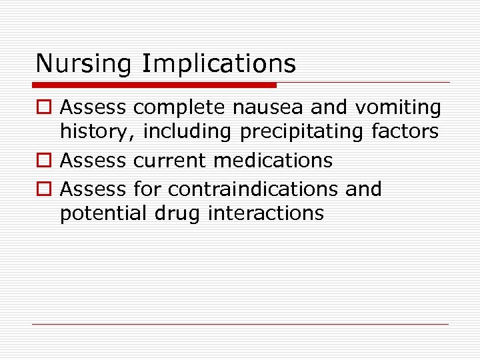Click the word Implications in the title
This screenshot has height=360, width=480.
point(219,64)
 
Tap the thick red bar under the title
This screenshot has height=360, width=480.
point(154,85)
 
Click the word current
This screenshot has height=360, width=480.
point(169,161)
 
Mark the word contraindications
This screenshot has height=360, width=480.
point(253,189)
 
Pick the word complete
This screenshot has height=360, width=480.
point(178,107)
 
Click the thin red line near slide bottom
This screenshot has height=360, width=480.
point(240,325)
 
